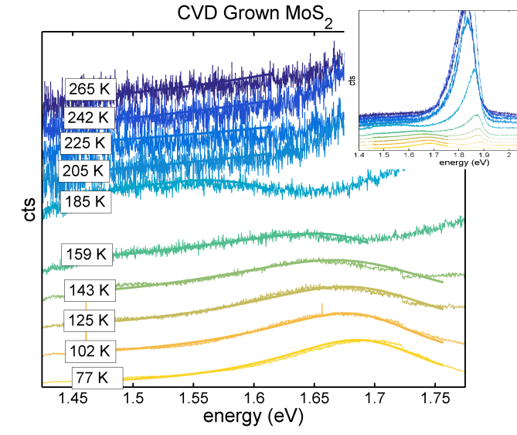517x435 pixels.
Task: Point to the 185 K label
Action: [86, 202]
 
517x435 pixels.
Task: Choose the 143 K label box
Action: [90, 291]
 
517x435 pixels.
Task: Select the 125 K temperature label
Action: [90, 320]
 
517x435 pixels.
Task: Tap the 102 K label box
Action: [90, 350]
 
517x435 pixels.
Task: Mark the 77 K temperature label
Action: [97, 378]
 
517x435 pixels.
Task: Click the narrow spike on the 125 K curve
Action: [321, 307]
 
